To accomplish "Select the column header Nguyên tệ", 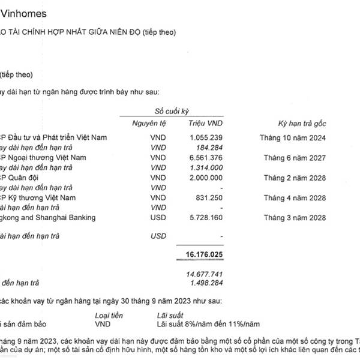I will [x=150, y=124].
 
